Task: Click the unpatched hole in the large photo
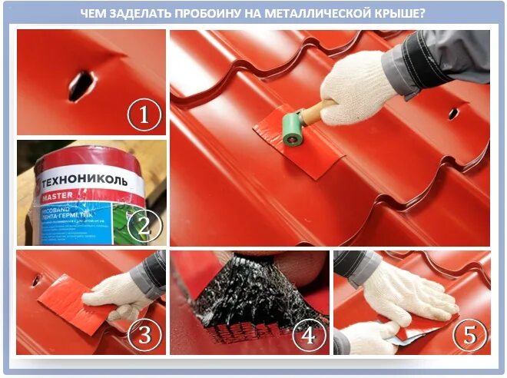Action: [x=453, y=114]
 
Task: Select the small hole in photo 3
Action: [x=35, y=280]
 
